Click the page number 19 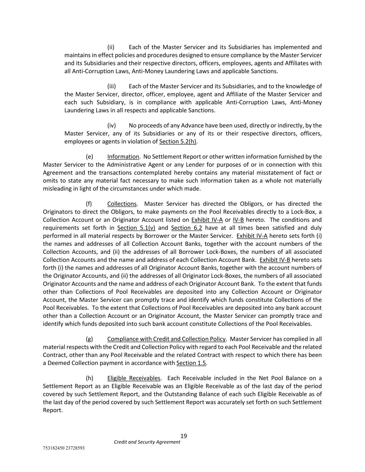coord(183,436)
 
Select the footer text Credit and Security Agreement coord(147,442)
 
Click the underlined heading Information coord(123,157)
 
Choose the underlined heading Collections coord(122,204)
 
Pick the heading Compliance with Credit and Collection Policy coord(166,339)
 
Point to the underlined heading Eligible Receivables coord(134,378)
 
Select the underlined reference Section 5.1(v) coord(136,228)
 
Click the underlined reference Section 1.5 coord(191,363)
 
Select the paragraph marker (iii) coord(111,86)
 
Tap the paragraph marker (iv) coord(111,125)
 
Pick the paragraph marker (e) coord(89,157)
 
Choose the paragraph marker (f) coord(89,204)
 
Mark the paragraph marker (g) coord(89,339)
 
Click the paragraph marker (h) coord(89,378)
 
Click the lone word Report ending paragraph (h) coord(53,410)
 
